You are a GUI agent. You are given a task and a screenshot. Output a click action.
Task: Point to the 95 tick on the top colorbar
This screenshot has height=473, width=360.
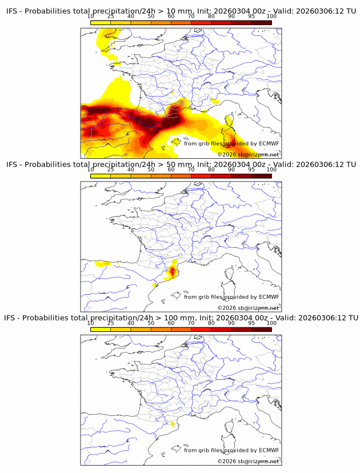(251, 17)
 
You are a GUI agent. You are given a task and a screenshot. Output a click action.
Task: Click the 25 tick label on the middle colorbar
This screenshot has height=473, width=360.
(110, 170)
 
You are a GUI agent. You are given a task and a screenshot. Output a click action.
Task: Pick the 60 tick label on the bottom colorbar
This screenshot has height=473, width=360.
(171, 323)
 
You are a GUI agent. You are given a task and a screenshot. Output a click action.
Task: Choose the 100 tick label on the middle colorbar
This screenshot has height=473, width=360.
(271, 170)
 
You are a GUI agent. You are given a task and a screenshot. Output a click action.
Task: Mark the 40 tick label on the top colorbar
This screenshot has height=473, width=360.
(131, 17)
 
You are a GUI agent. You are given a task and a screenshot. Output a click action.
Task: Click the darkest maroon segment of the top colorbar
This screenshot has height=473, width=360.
(261, 22)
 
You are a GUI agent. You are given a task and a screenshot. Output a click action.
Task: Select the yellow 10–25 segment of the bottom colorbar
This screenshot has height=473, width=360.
(101, 329)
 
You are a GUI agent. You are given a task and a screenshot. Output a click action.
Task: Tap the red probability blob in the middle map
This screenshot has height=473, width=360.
(172, 270)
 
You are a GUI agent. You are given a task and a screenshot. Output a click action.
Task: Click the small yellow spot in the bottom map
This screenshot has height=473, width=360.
(173, 423)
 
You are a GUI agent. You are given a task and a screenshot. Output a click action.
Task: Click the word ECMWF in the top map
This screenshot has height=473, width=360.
(269, 143)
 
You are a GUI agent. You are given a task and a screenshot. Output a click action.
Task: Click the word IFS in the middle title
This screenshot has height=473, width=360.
(13, 165)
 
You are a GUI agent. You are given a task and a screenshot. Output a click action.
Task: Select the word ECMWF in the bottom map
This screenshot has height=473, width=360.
(269, 450)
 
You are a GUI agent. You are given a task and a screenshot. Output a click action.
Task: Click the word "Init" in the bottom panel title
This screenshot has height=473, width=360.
(195, 318)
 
